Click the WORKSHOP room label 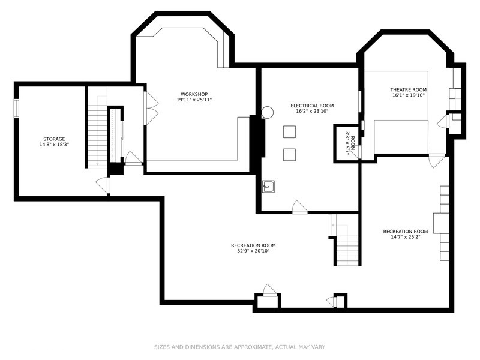(194, 94)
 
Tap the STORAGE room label (54, 139)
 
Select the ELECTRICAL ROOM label (312, 106)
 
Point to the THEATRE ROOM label (409, 89)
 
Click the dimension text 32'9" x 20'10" (253, 251)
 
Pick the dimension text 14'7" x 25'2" (406, 237)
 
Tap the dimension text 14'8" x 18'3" (54, 145)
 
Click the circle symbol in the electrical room (267, 112)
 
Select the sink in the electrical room (268, 187)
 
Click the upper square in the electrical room (289, 131)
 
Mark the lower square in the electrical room (289, 155)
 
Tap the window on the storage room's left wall (16, 109)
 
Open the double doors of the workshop (151, 108)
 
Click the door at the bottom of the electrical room (299, 207)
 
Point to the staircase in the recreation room (347, 250)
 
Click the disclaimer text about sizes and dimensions (239, 347)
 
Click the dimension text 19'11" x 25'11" (194, 100)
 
